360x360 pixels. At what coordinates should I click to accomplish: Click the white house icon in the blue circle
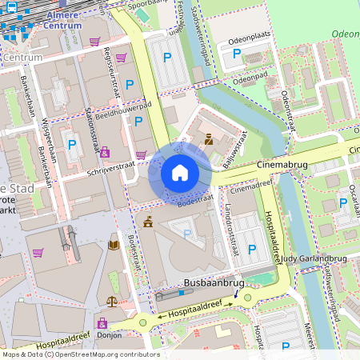tap(180, 172)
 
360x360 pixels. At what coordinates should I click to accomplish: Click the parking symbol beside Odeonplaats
tap(237, 54)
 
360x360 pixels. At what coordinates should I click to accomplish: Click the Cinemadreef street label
tap(246, 191)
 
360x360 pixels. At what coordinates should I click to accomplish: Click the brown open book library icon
tap(113, 244)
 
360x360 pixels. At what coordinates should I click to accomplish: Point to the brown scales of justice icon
tap(111, 302)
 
